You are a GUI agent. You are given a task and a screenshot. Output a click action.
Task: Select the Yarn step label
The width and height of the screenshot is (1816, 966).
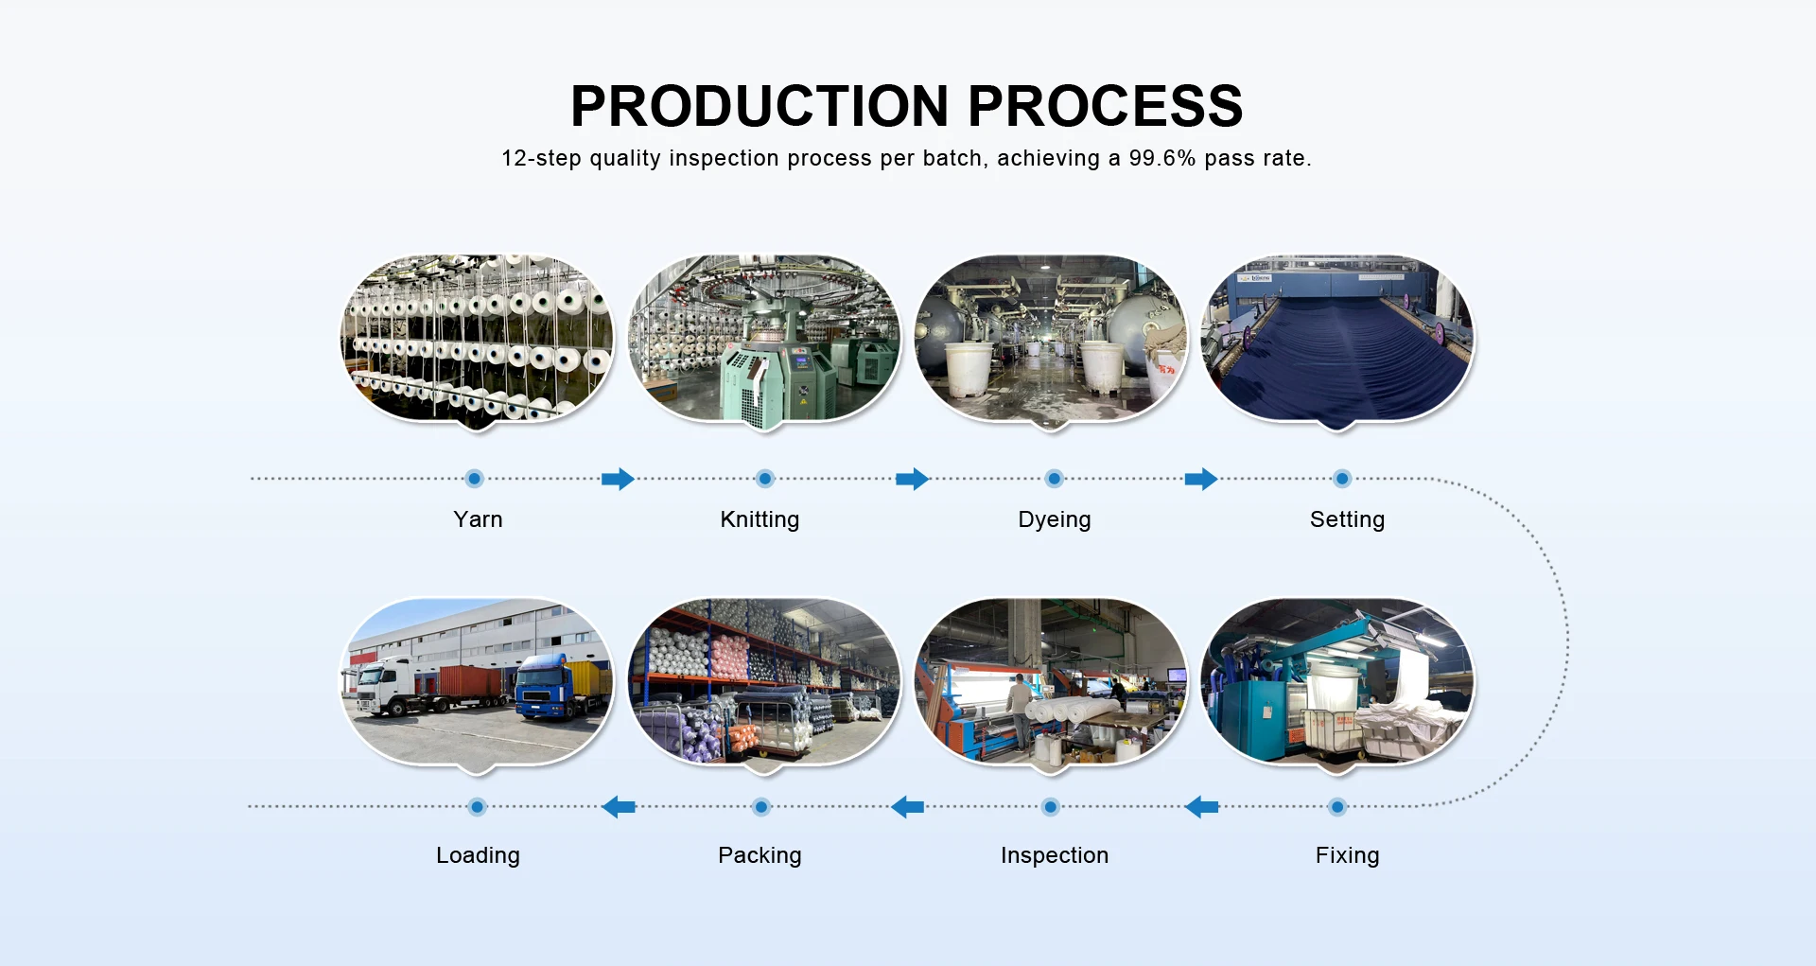coord(478,519)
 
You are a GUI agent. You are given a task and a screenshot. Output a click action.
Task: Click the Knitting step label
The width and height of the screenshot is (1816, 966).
coord(760,519)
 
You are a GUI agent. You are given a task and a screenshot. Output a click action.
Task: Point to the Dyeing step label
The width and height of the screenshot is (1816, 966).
coord(1055,519)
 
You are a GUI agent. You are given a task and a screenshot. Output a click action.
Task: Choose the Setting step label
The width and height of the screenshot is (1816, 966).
coord(1347,519)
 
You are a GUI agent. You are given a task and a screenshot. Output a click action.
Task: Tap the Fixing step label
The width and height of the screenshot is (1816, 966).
coord(1347,855)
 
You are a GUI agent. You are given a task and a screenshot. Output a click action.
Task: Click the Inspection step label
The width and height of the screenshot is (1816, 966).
coord(1055,855)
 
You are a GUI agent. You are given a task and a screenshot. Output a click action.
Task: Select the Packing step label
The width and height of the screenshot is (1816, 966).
coord(760,855)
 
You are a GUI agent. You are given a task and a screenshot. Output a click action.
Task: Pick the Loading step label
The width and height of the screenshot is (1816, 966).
coord(478,855)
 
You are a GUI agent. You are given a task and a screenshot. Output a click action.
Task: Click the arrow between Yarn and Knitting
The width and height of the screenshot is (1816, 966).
coord(618,479)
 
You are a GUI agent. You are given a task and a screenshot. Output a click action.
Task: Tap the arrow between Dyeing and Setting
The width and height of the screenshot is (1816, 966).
coord(1201,479)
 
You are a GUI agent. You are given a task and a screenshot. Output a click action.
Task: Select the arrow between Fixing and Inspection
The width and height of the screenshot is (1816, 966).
coord(1201,807)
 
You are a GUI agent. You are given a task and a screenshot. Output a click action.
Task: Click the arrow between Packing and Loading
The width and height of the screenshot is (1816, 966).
coord(619,807)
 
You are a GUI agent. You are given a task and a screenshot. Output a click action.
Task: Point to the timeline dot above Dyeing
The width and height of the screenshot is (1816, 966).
coord(1054,479)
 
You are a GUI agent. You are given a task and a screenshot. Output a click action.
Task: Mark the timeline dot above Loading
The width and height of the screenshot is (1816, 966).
coord(478,807)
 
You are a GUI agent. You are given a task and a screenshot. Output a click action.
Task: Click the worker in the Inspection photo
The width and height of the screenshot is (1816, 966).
coord(1019,710)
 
